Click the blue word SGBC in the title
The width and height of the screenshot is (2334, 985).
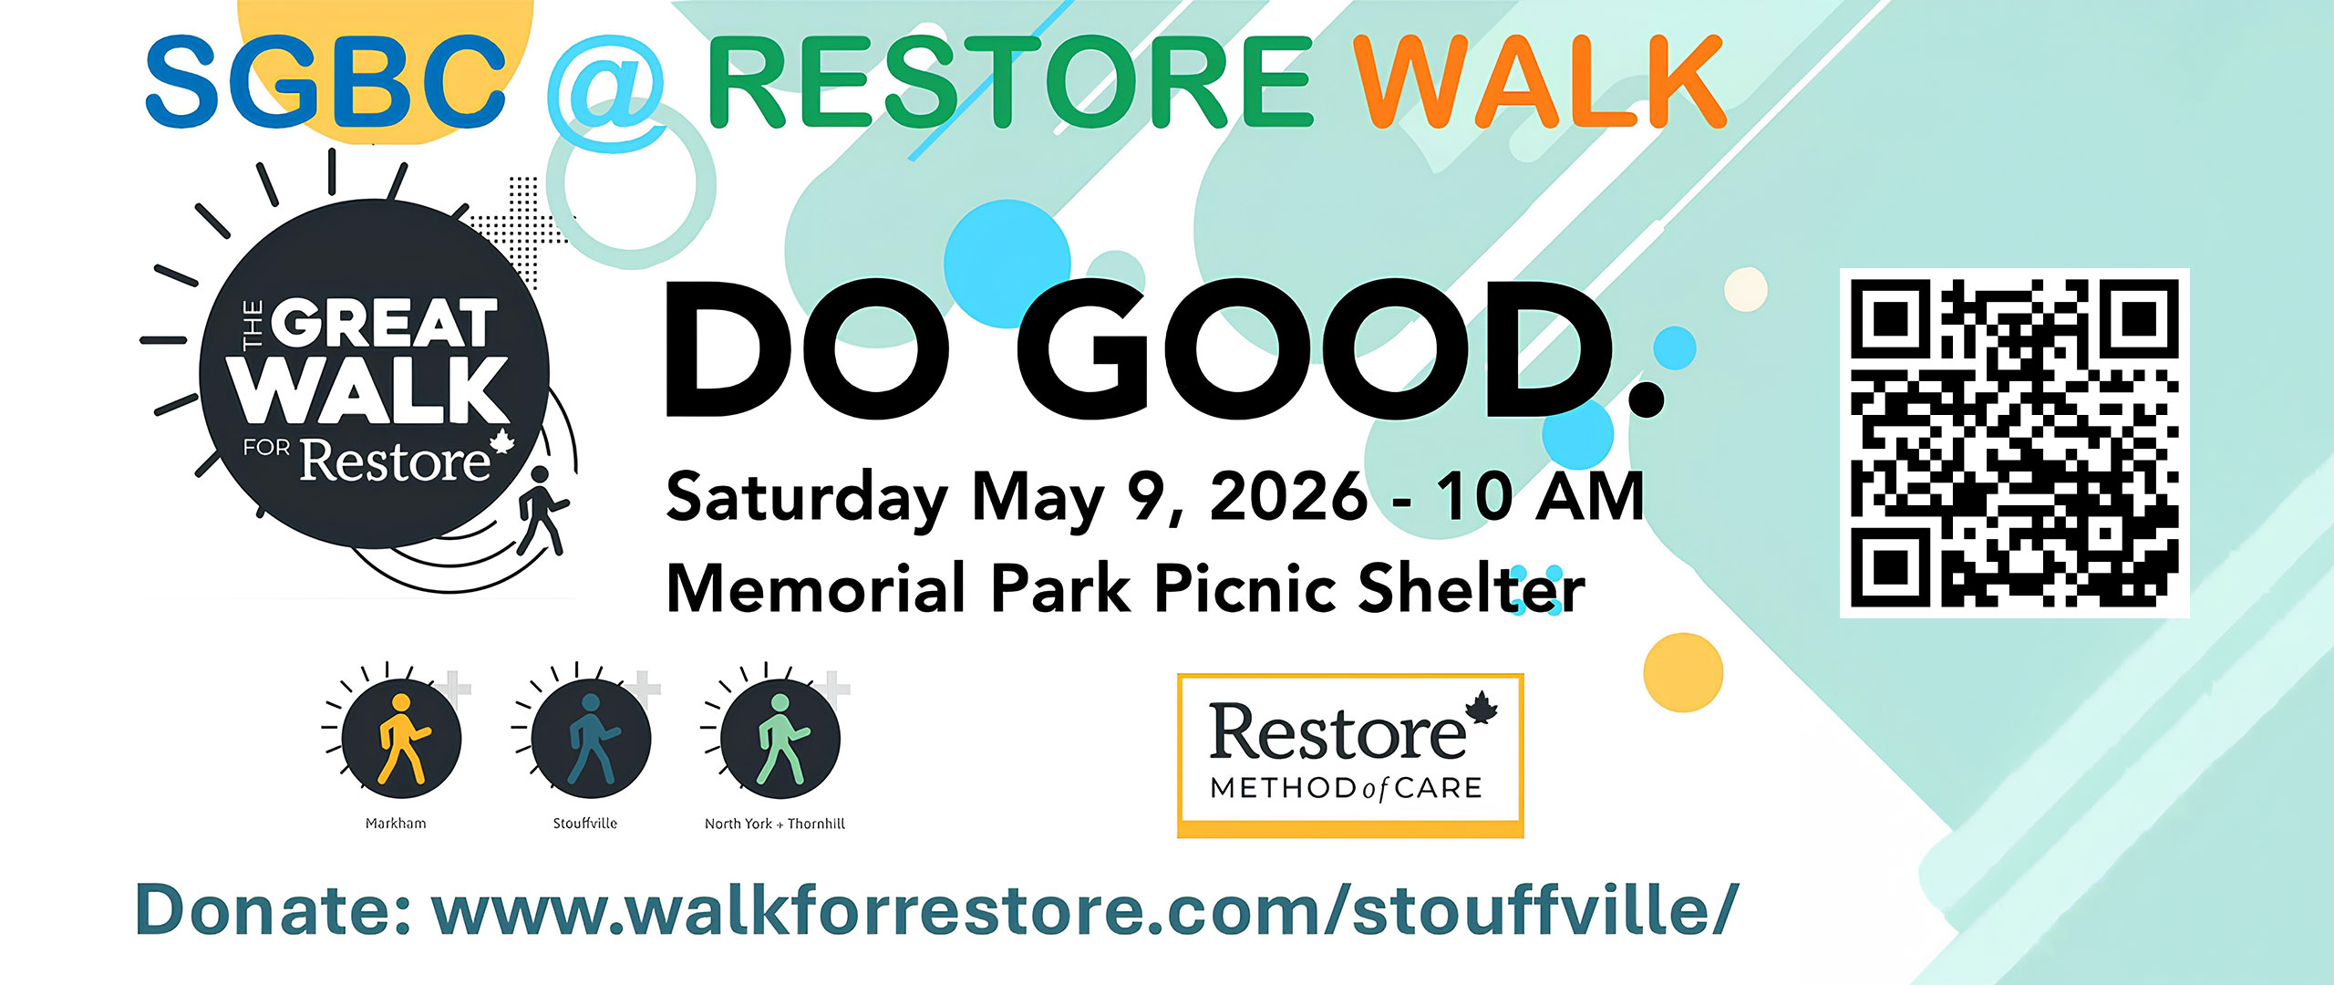(325, 81)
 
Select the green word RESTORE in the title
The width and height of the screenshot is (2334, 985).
(1010, 81)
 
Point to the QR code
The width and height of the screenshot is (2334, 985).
(2015, 442)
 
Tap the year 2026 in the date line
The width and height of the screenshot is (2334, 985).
(1288, 497)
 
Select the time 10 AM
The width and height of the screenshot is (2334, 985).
(1540, 497)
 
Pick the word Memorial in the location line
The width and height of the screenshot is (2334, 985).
(816, 588)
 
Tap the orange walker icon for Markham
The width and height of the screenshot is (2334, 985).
(402, 738)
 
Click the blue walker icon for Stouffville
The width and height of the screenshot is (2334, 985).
(592, 738)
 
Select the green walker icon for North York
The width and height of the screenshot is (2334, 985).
(780, 738)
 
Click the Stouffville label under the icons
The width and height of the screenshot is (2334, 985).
(585, 824)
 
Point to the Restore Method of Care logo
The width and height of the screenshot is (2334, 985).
(1350, 755)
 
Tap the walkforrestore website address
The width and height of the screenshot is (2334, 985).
(1085, 909)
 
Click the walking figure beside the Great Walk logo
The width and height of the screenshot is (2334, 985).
(542, 511)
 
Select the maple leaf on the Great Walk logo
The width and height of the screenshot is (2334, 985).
(502, 441)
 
